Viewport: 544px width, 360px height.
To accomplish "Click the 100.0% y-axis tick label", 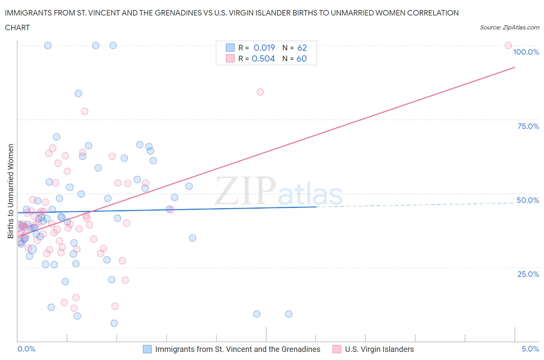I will click(526, 52).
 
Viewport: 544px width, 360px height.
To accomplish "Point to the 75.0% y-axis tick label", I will click(528, 126).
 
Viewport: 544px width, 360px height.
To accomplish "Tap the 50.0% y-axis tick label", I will click(528, 200).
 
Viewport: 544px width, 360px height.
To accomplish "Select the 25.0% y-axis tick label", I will click(528, 274).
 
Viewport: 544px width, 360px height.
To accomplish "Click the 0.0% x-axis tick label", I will click(26, 349).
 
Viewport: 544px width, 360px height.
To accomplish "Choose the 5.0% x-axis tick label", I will click(530, 349).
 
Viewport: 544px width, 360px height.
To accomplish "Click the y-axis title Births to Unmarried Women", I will click(10, 191).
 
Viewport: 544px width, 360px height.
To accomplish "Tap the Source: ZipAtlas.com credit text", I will click(509, 27).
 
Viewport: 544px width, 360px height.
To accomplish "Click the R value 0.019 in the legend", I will click(264, 48).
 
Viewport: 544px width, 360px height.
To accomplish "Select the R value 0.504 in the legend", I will click(263, 58).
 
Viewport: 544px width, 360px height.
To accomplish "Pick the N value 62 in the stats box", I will click(302, 48).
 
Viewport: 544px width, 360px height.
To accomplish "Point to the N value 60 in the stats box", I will click(301, 58).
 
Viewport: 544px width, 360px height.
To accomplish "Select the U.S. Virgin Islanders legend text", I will click(379, 349).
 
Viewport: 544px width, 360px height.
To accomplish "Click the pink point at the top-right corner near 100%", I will click(508, 46).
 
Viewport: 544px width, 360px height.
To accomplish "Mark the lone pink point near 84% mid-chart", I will click(260, 92).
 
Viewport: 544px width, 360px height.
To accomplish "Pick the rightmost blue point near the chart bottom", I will click(289, 314).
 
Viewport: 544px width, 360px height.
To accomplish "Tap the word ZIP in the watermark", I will click(245, 190).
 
